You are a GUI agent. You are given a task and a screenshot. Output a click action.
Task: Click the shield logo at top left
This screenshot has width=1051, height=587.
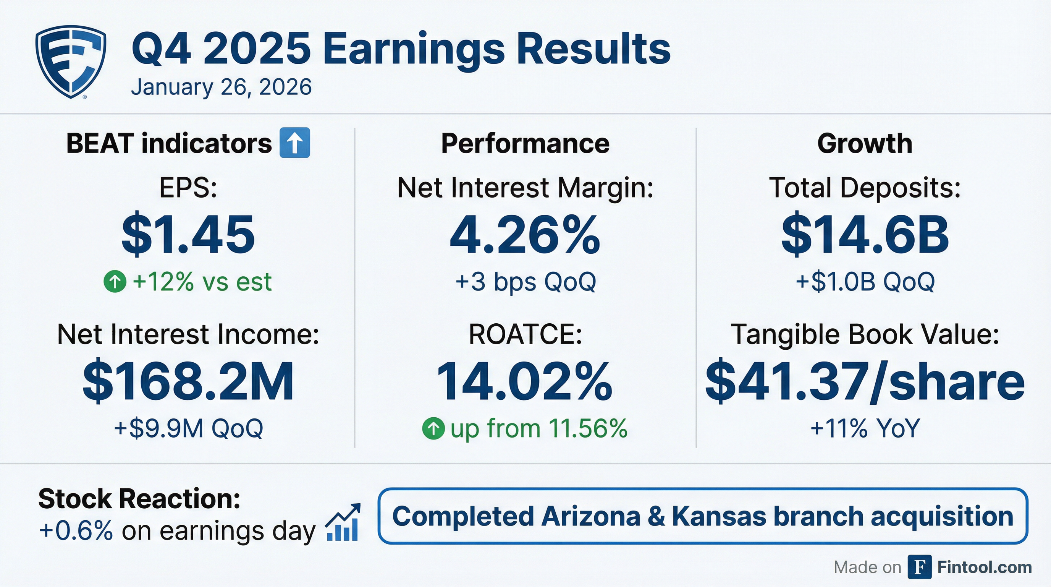(x=71, y=61)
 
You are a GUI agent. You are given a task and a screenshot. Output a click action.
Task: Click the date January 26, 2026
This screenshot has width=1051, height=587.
(x=221, y=87)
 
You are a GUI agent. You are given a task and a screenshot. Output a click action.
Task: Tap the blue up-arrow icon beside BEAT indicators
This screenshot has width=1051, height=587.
(x=294, y=143)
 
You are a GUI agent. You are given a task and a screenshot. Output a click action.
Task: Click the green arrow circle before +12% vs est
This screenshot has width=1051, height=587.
(x=115, y=282)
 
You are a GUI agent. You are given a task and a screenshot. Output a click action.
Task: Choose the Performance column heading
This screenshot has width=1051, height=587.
(x=525, y=144)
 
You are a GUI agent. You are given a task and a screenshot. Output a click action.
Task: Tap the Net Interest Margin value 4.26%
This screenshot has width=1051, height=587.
(x=525, y=235)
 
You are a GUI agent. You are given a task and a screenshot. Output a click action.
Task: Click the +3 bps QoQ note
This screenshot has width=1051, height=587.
(x=525, y=282)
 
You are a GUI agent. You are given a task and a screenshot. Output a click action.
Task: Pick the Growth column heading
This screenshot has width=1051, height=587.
(x=865, y=144)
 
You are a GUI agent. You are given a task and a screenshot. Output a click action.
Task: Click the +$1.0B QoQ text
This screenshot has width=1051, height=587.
(x=865, y=282)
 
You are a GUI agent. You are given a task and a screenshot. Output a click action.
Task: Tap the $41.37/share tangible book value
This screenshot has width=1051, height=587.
(x=865, y=382)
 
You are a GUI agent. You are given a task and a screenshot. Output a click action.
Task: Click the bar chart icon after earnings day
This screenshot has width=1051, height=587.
(x=343, y=523)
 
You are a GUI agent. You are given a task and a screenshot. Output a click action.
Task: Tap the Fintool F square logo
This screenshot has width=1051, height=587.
(x=919, y=567)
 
